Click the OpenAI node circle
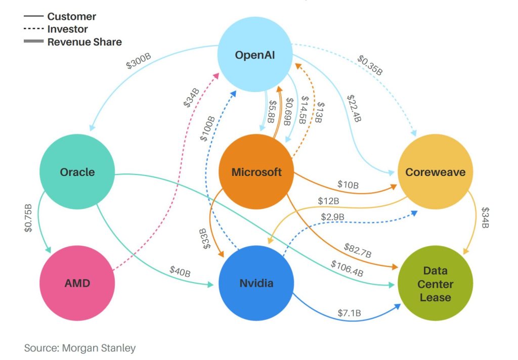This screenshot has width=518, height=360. coord(256,55)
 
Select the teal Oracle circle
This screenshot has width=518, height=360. coord(77,172)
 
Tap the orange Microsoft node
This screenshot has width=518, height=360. coord(256,172)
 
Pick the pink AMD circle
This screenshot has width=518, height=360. coord(77,283)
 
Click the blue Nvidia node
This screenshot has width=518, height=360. coord(256,283)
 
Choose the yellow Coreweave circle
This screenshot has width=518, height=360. coord(435,172)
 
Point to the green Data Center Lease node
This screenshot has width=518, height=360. coord(435,284)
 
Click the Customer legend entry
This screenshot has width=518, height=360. coord(71,16)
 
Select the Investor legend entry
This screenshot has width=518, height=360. coord(67,29)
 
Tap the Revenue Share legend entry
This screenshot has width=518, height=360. coord(84,41)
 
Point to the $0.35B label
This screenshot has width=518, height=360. coord(370,65)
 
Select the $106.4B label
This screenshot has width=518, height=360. coord(347,268)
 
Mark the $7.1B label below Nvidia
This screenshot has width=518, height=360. coord(350,313)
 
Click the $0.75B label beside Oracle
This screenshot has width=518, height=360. coord(29,218)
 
